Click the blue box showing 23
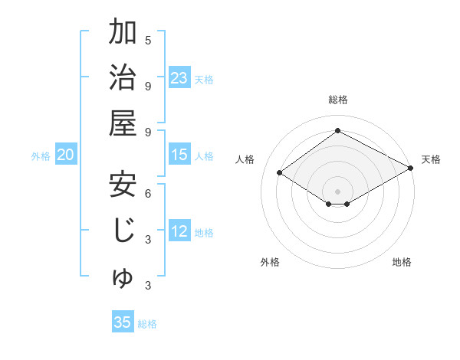pos(179,78)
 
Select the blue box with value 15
pos(179,155)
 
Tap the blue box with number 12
pos(179,232)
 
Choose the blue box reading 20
pos(65,155)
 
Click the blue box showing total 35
pos(123,322)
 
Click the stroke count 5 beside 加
pos(148,40)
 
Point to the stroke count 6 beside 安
pos(148,192)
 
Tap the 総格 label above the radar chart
pos(337,100)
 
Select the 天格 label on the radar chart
pos(431,159)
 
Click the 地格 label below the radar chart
pos(402,262)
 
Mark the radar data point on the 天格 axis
pos(411,169)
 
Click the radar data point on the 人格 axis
pos(280,172)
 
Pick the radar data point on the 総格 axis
pos(337,131)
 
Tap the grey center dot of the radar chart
pos(337,190)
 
